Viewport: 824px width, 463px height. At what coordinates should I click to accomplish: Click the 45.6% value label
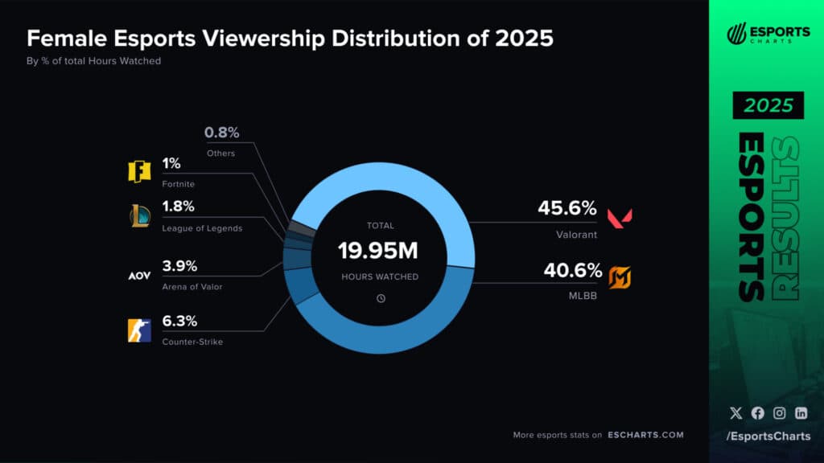567,209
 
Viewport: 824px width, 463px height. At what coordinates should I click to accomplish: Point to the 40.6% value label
573,270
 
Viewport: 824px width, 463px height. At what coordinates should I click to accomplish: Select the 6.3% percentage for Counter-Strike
179,322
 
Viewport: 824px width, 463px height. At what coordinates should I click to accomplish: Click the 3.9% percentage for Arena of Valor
179,267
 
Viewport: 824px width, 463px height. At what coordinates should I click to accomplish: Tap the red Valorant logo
619,217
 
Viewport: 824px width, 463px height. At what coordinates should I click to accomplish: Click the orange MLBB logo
620,277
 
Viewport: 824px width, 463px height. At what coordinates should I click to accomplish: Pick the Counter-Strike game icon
139,330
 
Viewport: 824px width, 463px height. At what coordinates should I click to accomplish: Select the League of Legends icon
139,216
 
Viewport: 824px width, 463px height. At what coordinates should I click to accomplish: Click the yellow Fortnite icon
139,172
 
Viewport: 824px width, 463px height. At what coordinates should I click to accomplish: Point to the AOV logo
139,276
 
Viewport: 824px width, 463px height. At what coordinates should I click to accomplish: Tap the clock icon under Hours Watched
381,298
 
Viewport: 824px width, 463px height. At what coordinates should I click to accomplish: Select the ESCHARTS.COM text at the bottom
645,435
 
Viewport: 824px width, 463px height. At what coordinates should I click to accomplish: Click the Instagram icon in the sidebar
779,413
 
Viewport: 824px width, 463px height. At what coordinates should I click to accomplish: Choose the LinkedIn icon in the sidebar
801,413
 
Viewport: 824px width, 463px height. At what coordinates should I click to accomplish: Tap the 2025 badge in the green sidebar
768,105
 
